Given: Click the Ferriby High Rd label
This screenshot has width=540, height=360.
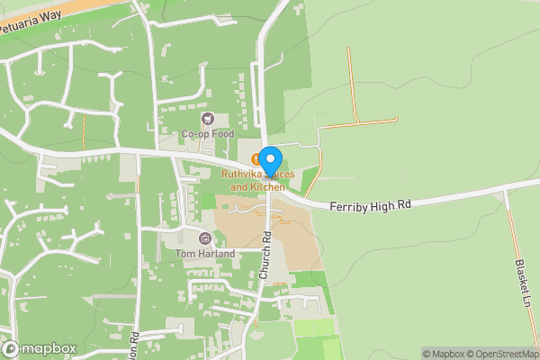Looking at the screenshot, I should (371, 205).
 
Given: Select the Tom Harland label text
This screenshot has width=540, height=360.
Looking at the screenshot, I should (205, 254).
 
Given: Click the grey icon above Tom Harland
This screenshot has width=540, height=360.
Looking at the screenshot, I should (205, 238).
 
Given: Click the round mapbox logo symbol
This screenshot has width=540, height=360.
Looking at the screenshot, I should (11, 348).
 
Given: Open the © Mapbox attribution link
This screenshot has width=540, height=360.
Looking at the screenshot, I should (443, 354).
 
